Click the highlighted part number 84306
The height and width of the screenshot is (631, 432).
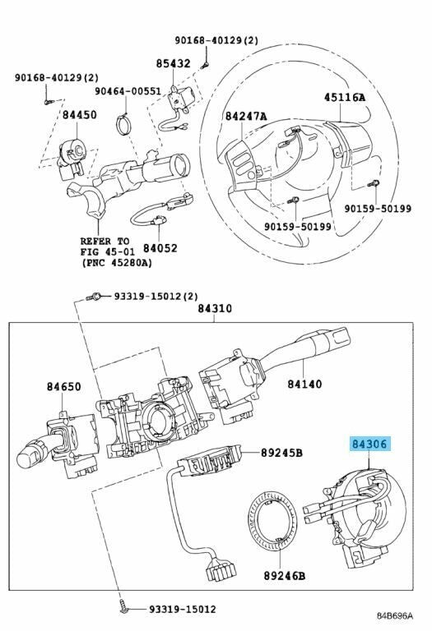[x=369, y=444]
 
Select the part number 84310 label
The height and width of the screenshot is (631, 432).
[x=215, y=309]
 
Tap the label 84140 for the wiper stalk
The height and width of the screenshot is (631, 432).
[x=304, y=384]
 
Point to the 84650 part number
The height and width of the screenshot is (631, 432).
[x=63, y=386]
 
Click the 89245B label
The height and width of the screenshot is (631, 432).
[x=281, y=454]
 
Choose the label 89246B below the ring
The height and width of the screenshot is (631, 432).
[x=285, y=576]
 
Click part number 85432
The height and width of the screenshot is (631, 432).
[x=174, y=63]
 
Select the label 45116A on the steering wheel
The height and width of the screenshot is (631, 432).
[x=345, y=97]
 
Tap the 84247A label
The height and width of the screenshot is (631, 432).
[x=246, y=117]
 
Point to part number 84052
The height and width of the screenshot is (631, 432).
[x=160, y=248]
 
